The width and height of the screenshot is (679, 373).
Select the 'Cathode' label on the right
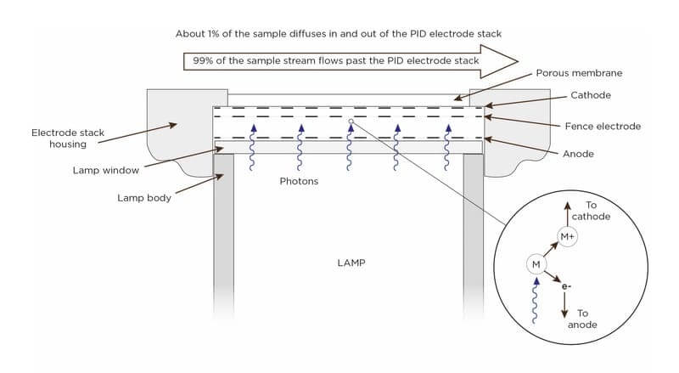coord(590,95)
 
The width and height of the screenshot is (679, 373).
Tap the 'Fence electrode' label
coord(603,126)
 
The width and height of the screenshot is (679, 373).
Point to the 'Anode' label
coord(578,154)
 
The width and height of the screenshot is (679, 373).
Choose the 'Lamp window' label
coord(106,170)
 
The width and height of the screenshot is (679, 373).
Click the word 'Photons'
coord(299,182)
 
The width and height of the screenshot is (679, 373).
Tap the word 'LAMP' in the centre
coord(351,263)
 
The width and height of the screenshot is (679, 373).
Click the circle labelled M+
coord(567,236)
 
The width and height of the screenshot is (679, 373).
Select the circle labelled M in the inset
coord(536,265)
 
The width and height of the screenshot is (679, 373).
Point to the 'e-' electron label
coord(566,287)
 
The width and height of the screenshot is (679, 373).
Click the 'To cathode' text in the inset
coord(591,211)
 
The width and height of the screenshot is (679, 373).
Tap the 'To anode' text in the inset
coord(582,319)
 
